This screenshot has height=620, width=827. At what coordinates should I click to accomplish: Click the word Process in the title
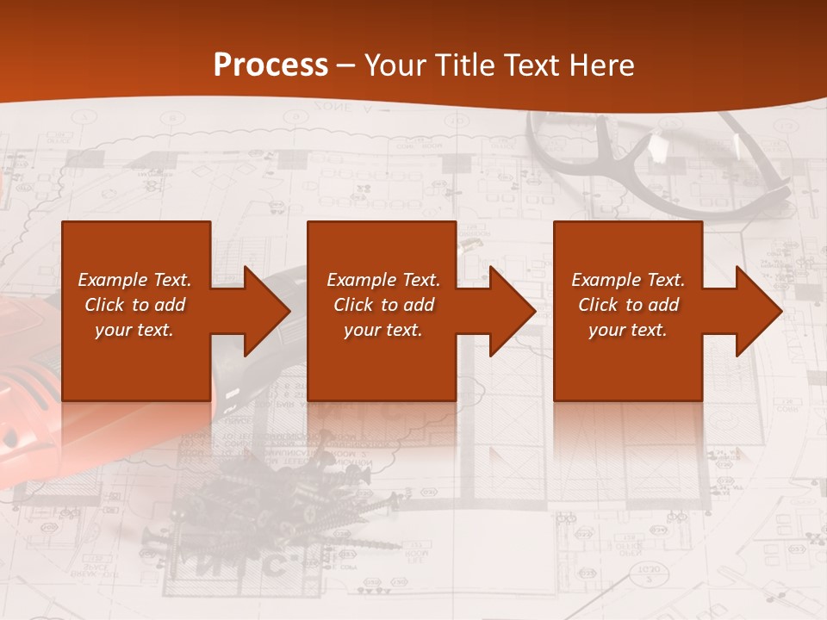tap(270, 65)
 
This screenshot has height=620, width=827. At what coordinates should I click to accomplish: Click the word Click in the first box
tap(104, 305)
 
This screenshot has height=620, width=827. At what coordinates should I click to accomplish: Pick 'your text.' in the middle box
tap(382, 330)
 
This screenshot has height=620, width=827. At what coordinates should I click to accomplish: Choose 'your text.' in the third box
tap(627, 330)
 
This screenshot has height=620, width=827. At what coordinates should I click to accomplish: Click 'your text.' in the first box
tap(134, 330)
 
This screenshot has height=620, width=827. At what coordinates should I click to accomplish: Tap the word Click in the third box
tap(598, 305)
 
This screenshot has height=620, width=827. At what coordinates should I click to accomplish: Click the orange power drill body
tap(26, 413)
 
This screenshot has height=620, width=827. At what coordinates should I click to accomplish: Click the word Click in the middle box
tap(353, 305)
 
